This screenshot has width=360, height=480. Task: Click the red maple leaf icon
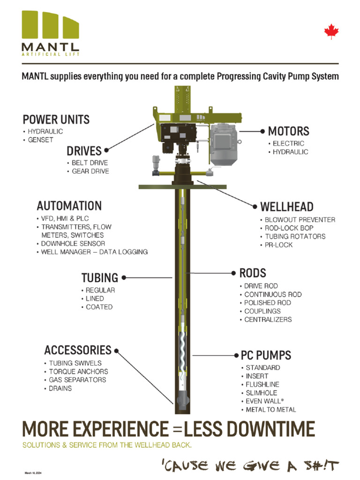(x=331, y=32)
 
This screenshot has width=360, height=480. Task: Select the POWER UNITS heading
(x=56, y=119)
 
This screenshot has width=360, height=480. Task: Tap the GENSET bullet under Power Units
(x=40, y=140)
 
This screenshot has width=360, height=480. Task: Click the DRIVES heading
(x=84, y=151)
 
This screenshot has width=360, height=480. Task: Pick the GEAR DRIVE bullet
(x=90, y=171)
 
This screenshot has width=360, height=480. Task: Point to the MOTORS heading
(x=288, y=131)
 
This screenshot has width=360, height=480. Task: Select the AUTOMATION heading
(x=69, y=206)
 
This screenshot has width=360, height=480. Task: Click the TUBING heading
(x=99, y=278)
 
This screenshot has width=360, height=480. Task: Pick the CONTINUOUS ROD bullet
(x=273, y=294)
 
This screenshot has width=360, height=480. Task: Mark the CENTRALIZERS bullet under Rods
(x=268, y=320)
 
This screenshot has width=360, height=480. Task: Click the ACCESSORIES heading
(x=78, y=350)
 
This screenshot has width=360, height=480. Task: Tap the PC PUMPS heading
(x=266, y=355)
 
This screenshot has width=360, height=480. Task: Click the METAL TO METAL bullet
(x=271, y=410)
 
